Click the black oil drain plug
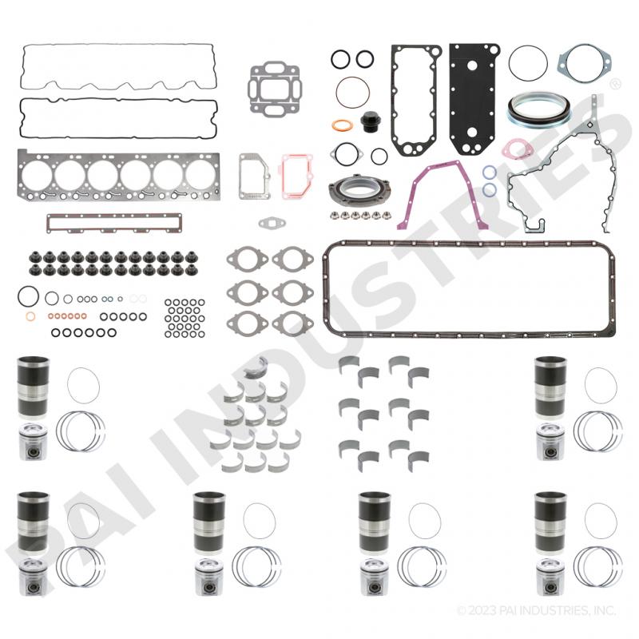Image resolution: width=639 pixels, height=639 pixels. (370, 121)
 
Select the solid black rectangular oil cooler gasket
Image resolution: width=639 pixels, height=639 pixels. (474, 99)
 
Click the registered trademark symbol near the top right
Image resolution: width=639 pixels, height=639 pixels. (615, 84)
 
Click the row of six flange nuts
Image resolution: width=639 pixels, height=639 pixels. (360, 215)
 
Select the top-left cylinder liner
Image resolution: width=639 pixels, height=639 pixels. (33, 387)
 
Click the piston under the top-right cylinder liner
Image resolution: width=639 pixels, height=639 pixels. (550, 443)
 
